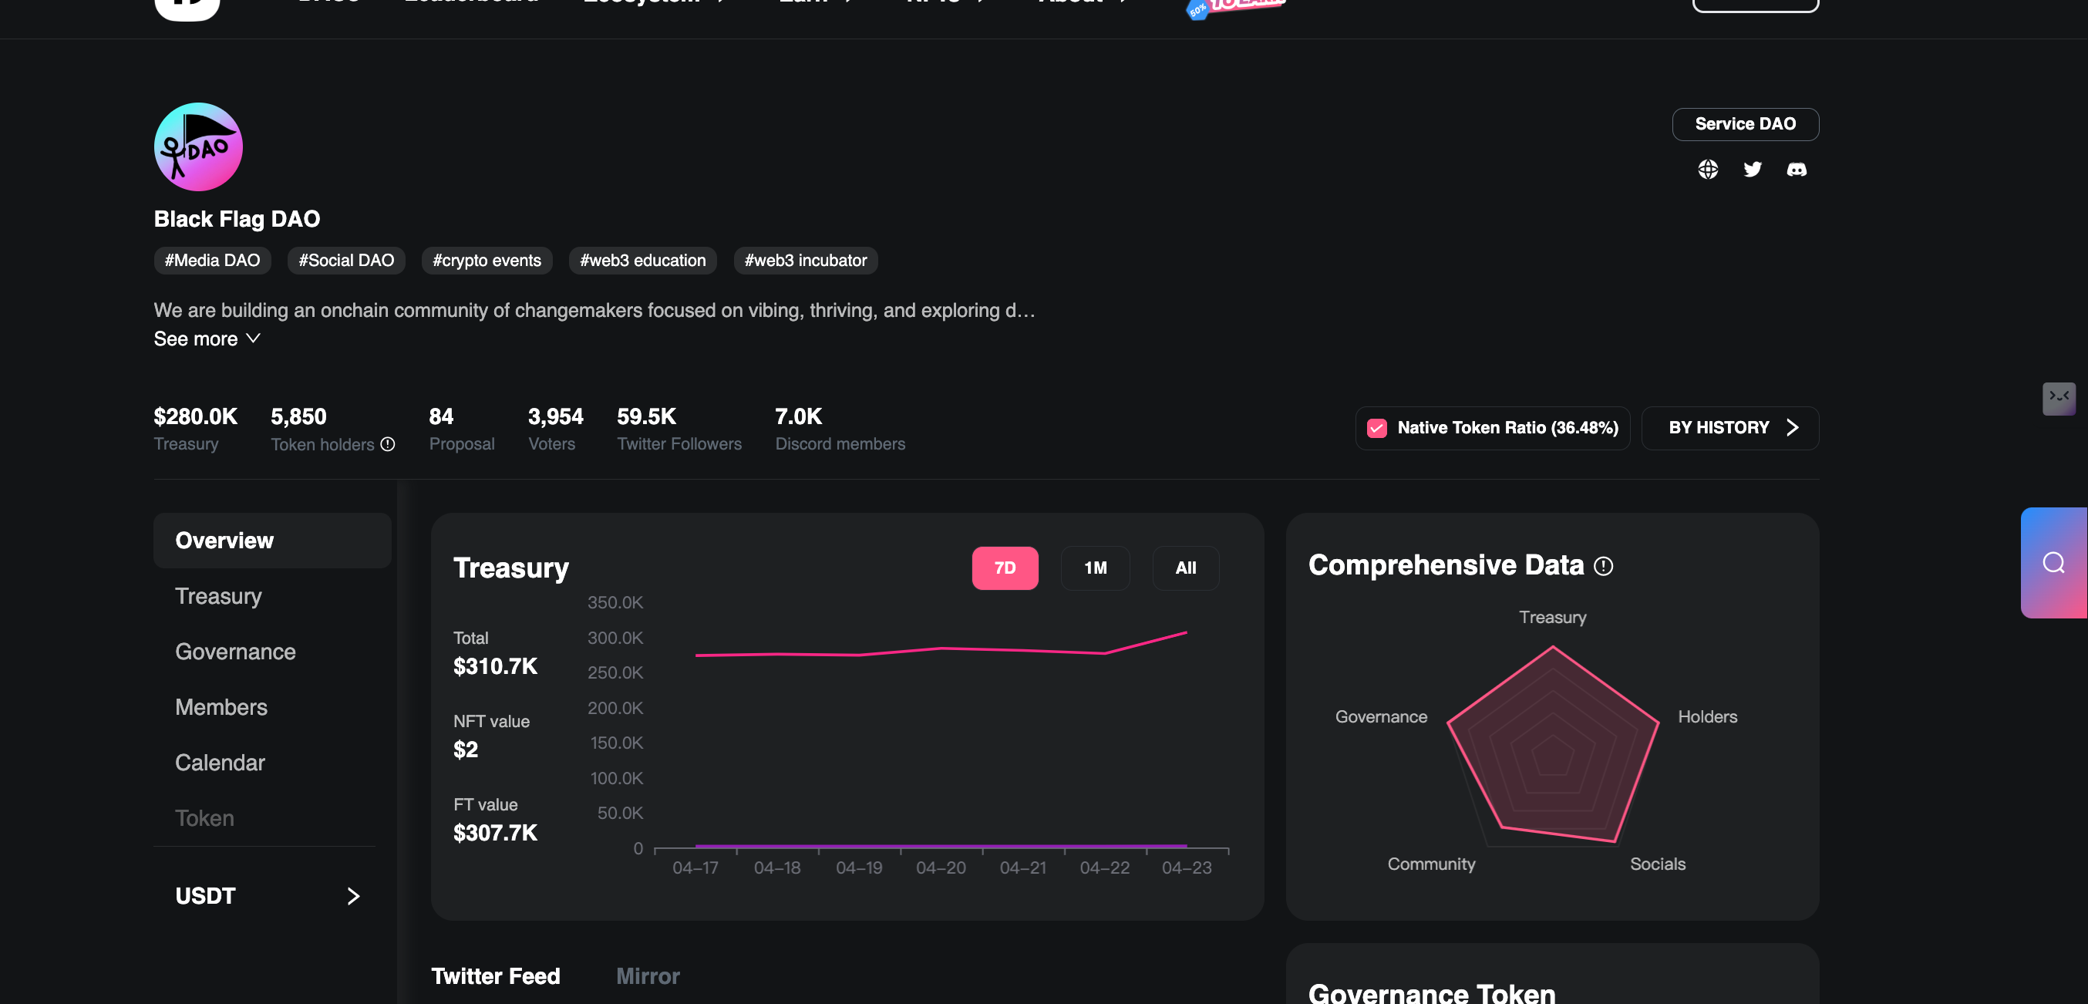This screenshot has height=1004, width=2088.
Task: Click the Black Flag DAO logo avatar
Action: (198, 147)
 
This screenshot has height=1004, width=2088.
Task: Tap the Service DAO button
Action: (1744, 124)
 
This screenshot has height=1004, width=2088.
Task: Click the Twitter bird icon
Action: (1752, 169)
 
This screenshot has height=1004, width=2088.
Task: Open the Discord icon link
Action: (1797, 169)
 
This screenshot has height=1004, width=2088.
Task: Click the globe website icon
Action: (1707, 169)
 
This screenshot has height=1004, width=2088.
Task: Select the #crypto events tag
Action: (487, 260)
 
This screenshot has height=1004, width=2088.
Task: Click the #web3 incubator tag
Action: (805, 260)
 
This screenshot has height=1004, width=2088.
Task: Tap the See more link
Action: (207, 339)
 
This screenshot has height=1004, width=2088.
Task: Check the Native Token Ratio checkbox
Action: (1376, 428)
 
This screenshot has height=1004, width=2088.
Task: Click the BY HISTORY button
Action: (1729, 428)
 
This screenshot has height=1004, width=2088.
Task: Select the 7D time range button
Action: (1004, 568)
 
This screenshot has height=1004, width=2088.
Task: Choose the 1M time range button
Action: (1095, 568)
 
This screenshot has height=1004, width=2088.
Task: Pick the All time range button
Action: (1185, 568)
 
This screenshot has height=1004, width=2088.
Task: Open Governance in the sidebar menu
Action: (235, 652)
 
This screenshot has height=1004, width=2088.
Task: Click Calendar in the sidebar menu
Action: (220, 763)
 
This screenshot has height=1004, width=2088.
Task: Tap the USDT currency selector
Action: (268, 895)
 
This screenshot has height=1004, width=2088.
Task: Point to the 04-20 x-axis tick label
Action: (940, 868)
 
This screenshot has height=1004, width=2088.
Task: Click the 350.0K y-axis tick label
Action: (615, 603)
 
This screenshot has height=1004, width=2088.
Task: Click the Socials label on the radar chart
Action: (1657, 864)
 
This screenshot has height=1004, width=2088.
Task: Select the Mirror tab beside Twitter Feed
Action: (647, 975)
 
